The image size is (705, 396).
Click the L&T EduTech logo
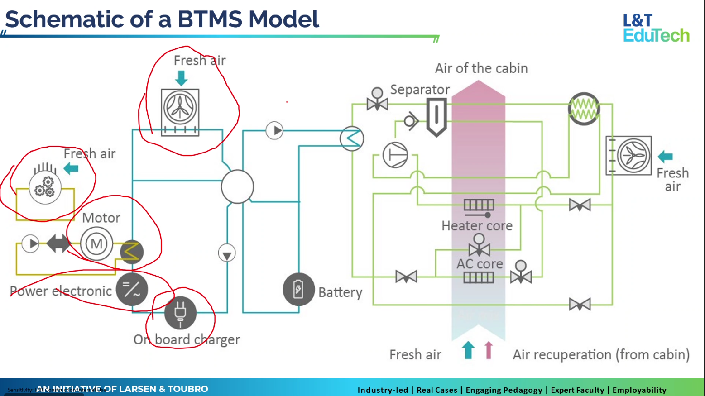point(656,28)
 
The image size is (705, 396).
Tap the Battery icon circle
point(298,289)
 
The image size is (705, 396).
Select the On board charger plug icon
point(180,313)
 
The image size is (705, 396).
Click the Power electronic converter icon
point(132,289)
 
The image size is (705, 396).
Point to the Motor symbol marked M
point(96,244)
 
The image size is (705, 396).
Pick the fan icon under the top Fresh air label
point(180,109)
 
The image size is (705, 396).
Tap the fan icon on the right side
point(633,156)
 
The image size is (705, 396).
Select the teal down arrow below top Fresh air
point(181,78)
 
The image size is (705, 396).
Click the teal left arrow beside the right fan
point(665,157)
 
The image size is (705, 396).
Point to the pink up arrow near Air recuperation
point(488,350)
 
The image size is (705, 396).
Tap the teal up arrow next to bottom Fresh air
point(468,350)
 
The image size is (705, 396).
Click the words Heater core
point(477,226)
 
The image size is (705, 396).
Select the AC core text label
point(480,264)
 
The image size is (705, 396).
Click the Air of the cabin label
point(481,68)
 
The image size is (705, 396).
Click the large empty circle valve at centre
point(237,186)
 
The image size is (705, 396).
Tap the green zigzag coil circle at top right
point(584,109)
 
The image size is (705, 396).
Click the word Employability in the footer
point(639,390)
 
